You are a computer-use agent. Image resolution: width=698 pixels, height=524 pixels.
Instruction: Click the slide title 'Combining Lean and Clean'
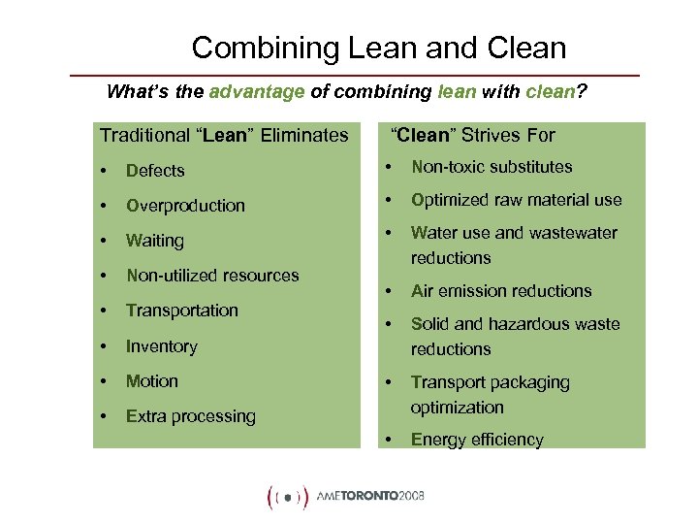tap(378, 47)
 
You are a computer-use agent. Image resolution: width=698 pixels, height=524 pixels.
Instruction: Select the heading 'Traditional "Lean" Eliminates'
tap(224, 135)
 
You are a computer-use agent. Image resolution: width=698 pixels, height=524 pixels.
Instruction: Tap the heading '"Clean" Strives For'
tap(472, 135)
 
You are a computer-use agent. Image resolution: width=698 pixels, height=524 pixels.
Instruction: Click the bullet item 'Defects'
tap(155, 171)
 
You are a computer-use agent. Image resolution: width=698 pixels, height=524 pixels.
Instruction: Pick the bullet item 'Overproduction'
tap(185, 206)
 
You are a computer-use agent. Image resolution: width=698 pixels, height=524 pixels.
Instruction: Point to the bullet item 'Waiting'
tap(155, 241)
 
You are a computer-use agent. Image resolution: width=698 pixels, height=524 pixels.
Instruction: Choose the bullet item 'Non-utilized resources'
tap(212, 276)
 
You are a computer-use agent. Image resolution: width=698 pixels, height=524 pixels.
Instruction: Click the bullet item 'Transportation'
tap(182, 311)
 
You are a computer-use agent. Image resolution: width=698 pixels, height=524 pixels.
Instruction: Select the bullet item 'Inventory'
tap(162, 346)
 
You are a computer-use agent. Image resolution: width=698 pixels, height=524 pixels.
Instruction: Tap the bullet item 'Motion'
tap(152, 381)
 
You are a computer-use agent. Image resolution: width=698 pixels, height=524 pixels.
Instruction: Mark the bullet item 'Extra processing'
tap(191, 416)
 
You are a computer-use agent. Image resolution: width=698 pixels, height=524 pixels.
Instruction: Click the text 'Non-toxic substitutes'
tap(492, 167)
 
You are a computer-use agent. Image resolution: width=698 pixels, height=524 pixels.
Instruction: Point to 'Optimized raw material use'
tap(516, 200)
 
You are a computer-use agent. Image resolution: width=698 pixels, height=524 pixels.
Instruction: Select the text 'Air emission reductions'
tap(501, 291)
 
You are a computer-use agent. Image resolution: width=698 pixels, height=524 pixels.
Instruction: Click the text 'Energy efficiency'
tap(477, 440)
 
